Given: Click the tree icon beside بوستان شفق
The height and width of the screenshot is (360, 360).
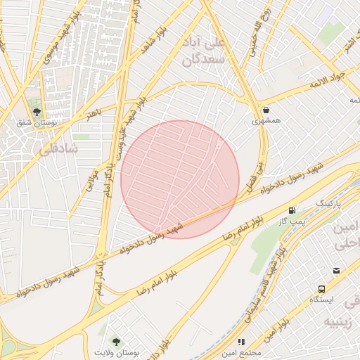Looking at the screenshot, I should [37, 111].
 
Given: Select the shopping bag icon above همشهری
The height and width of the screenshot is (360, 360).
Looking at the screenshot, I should [266, 110].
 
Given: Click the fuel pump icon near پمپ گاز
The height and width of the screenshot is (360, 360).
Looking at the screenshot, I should [292, 210].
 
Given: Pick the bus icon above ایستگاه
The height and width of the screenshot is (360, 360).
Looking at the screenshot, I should [322, 288].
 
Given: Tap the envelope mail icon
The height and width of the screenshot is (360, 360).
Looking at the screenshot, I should [337, 271].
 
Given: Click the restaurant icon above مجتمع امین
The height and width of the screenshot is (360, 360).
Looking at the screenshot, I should [241, 342].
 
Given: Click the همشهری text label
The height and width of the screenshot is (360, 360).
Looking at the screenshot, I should [267, 122].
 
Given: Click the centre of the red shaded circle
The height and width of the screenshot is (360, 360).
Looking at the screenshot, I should [180, 179].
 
